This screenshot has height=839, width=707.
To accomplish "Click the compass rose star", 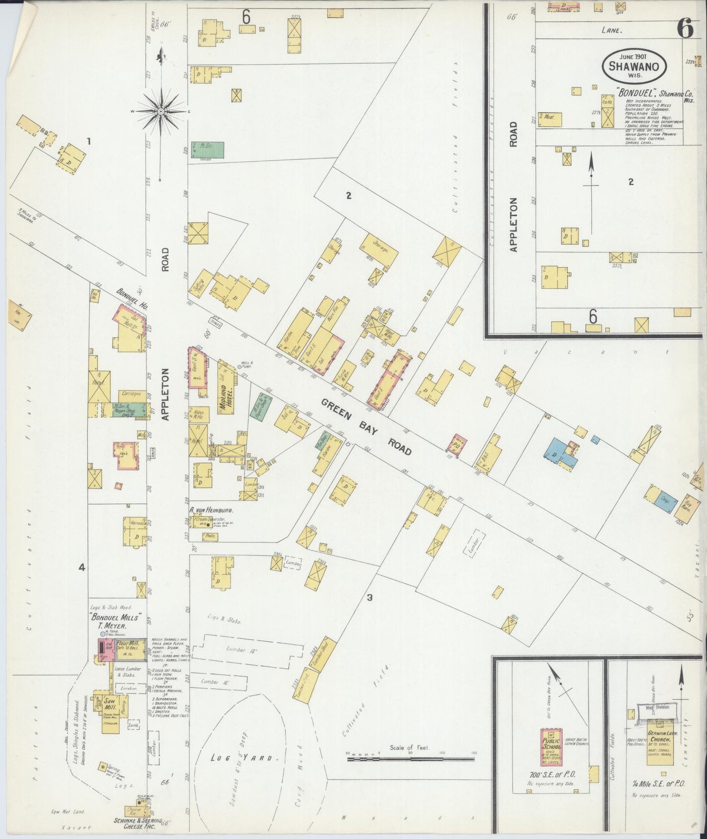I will pos(160,112).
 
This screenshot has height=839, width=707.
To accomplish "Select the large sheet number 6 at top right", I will pos(685,30).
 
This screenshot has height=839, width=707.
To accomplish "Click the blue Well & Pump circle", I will pos(240,366).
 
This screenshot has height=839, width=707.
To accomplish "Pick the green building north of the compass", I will pos(207,150).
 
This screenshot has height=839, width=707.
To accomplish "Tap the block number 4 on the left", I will pos(82,568).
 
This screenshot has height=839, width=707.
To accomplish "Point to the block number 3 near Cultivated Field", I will pos(370,597).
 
